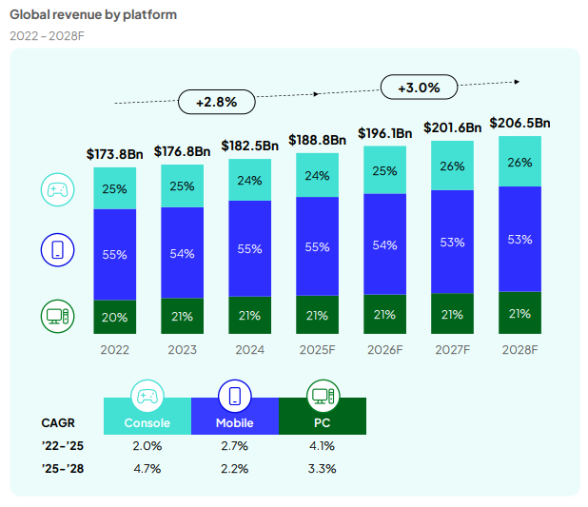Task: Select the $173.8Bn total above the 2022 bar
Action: (x=114, y=153)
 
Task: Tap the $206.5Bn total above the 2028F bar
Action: (x=519, y=123)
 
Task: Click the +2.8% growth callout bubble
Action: (x=216, y=100)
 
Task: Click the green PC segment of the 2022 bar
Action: (x=114, y=317)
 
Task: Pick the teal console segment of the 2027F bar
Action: (x=453, y=166)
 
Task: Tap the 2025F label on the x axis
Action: (x=318, y=349)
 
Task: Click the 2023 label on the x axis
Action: (x=182, y=349)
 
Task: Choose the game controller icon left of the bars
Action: (x=57, y=189)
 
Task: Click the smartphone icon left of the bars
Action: (x=57, y=251)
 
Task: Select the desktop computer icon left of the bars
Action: (x=57, y=315)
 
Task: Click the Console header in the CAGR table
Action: (x=147, y=422)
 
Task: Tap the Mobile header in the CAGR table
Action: (x=235, y=422)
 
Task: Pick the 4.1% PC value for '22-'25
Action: (x=322, y=446)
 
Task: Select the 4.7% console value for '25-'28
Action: (x=147, y=469)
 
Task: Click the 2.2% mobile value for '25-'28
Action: (x=235, y=469)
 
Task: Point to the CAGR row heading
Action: (x=58, y=422)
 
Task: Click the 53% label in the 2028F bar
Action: (x=519, y=240)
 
